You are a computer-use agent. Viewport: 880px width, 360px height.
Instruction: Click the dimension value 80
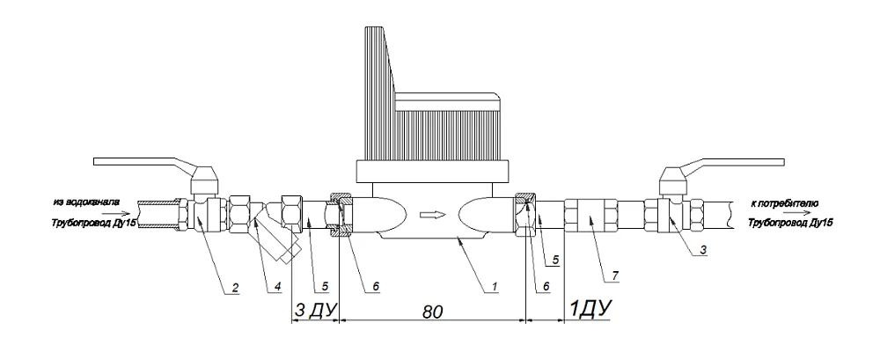coord(433,312)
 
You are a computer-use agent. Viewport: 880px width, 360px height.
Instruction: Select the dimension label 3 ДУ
coord(314,310)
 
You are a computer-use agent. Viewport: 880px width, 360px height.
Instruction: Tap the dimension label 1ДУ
coord(590,308)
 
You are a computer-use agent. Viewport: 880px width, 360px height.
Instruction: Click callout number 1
coord(494,286)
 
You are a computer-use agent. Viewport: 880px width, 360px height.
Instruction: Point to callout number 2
coord(236,288)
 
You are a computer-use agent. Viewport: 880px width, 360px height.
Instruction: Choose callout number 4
coord(277,286)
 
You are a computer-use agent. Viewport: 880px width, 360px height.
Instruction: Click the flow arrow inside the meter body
coord(434,215)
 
